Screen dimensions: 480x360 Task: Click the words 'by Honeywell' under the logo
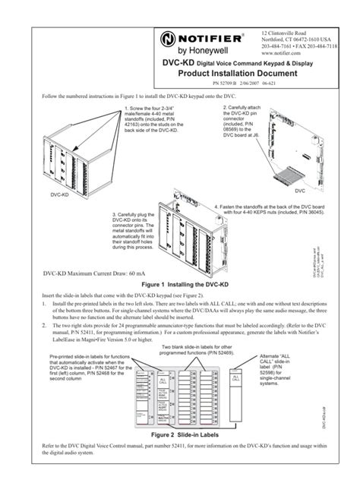[190, 53]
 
